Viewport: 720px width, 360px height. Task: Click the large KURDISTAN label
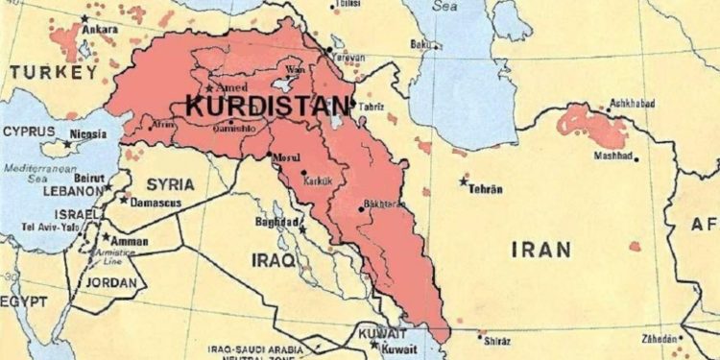coord(269,106)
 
